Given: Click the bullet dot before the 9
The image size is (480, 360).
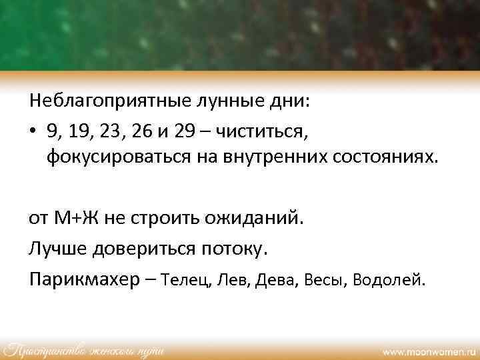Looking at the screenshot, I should [x=33, y=131].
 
